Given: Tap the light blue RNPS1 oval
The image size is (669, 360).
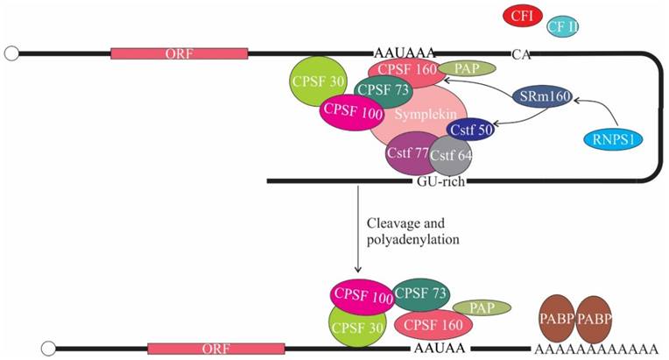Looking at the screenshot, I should pyautogui.click(x=612, y=138).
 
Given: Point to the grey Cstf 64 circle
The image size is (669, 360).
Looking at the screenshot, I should pyautogui.click(x=451, y=159).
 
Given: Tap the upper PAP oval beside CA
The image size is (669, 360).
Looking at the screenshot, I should pyautogui.click(x=467, y=68).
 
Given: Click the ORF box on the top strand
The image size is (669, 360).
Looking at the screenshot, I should pyautogui.click(x=179, y=53).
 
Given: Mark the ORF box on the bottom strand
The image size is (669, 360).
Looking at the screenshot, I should pyautogui.click(x=215, y=349).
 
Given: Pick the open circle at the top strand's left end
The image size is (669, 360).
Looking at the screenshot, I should pyautogui.click(x=12, y=53).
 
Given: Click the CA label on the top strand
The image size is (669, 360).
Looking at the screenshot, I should pyautogui.click(x=522, y=54).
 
